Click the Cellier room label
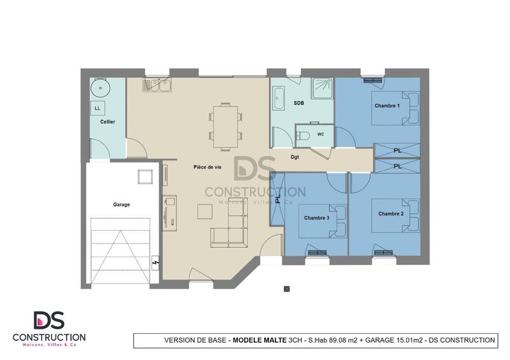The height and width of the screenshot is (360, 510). pos(108,121)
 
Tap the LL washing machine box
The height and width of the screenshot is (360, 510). pos(98,108)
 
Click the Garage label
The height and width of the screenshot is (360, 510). pos(121,205)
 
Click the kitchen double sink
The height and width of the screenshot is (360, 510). pos(157,84)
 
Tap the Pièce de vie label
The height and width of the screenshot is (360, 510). pos(207,167)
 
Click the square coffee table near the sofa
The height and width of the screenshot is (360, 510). pos(205,211)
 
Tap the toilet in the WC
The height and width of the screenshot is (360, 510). pos(303,134)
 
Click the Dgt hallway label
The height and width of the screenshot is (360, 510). pos(295,157)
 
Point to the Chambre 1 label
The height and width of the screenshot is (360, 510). pos(387,106)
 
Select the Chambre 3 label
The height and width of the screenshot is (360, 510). pos(316,218)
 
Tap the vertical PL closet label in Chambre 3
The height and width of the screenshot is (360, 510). pos(279,198)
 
